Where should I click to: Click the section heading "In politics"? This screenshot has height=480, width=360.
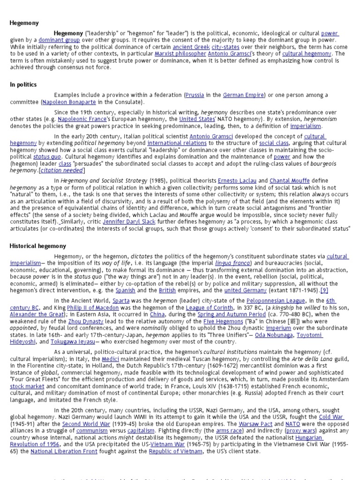(23, 84)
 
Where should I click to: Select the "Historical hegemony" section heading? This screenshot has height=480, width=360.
(38, 246)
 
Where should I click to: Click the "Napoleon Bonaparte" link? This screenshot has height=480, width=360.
(68, 102)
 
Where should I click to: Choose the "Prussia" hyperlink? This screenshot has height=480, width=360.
(195, 95)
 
